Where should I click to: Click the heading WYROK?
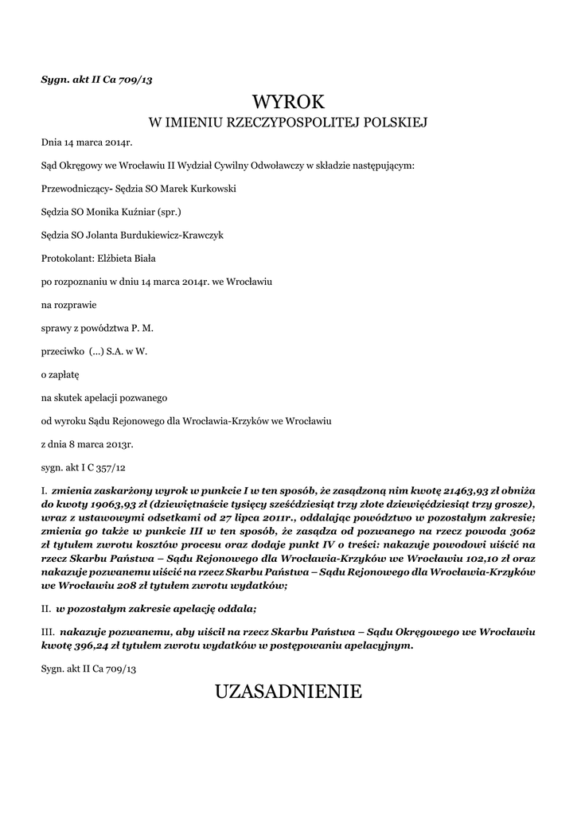[x=288, y=102]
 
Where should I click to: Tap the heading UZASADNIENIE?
[x=288, y=692]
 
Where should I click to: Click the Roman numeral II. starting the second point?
[x=46, y=609]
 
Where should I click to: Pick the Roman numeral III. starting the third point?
[x=48, y=630]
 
